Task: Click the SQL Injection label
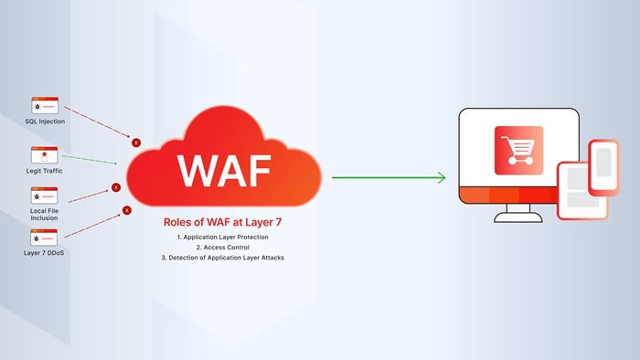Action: [44, 121]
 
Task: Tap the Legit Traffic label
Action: [44, 169]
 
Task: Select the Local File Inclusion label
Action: [44, 215]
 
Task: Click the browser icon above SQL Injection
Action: [44, 105]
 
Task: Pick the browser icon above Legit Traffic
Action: [44, 154]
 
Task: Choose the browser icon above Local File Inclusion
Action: [44, 196]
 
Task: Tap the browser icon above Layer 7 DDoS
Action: [44, 238]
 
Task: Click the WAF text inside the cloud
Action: [224, 170]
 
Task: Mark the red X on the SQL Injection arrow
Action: [136, 143]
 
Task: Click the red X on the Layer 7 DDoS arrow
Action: [126, 212]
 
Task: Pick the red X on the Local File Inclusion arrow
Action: [116, 188]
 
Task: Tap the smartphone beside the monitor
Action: [603, 167]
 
